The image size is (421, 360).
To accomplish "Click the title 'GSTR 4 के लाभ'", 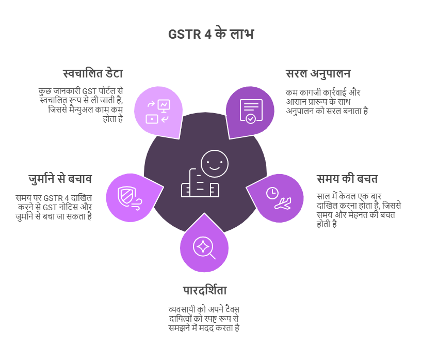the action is pos(211,34).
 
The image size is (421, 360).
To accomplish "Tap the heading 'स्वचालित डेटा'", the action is pos(93,73).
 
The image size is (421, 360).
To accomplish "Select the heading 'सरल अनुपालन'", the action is pos(318,74).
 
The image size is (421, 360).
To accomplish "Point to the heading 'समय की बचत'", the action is pos(347,179).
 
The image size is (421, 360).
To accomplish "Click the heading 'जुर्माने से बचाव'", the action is pos(60,179).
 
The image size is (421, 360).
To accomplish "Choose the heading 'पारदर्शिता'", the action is pos(205,290).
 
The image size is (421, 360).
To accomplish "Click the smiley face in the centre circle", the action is pos(215,164).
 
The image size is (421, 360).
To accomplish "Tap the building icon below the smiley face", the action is pos(200,183).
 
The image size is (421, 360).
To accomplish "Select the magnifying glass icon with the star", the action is pos(204,248).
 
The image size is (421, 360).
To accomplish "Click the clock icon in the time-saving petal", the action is pos(272,193).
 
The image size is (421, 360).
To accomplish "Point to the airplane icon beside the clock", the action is pos(283,204).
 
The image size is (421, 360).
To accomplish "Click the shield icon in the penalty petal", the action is pos(127,197).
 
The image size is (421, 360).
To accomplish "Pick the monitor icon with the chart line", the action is pos(164,105).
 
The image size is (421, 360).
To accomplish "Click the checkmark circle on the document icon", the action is pos(251,119).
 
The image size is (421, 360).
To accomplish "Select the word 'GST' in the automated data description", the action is pos(89,91).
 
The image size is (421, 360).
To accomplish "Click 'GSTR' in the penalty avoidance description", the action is pos(53,198).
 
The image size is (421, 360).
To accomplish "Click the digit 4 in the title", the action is pos(208,35).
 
